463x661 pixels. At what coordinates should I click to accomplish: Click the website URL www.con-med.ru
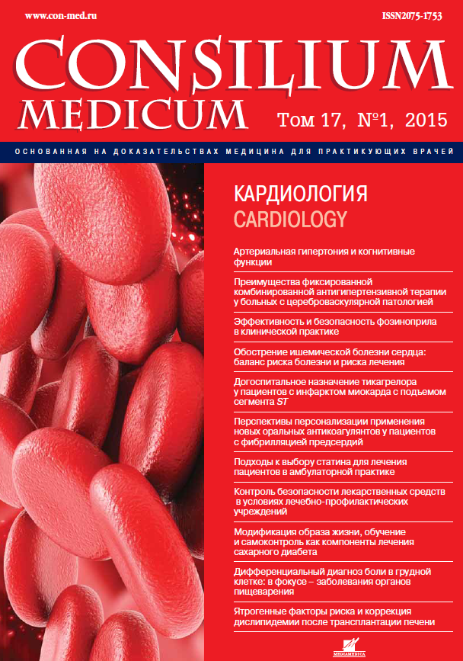coord(53,15)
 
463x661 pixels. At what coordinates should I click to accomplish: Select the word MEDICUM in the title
coord(134,114)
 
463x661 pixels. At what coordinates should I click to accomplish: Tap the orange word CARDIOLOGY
coord(289,220)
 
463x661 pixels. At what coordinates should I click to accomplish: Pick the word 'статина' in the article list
coord(346,462)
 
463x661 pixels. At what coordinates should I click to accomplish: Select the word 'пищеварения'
coord(263,591)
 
